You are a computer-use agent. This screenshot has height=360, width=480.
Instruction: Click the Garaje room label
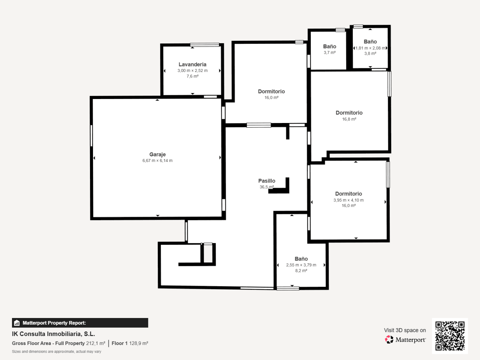coord(157,154)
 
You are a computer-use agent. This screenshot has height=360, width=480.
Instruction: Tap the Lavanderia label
coord(192,64)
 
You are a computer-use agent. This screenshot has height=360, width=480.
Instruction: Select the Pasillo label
coord(267,181)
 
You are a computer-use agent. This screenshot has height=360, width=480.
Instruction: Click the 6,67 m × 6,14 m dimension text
coord(157,160)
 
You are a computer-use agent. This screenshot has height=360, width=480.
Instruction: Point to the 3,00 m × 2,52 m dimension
coord(192,70)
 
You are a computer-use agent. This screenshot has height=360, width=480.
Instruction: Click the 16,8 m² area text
coord(349,119)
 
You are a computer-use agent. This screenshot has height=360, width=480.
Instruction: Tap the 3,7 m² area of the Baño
coord(330,52)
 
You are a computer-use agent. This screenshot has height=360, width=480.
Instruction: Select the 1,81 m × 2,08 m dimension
coord(370,48)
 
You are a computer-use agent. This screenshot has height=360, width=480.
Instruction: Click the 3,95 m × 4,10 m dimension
coord(348,200)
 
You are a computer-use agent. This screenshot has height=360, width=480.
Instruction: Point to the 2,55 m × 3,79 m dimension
coord(301,265)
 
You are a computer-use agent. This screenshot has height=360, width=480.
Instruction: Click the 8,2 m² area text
coord(301,271)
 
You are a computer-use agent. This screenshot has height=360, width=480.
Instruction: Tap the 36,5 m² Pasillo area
coord(267,187)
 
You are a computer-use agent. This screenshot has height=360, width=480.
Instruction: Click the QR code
coord(450,336)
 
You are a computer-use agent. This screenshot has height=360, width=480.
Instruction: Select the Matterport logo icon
coord(389,339)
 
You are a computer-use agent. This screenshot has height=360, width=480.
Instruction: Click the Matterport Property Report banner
coord(80,323)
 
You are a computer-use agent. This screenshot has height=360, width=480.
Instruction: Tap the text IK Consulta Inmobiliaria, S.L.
coord(54,334)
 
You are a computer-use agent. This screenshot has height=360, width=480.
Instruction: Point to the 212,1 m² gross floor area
coord(96,343)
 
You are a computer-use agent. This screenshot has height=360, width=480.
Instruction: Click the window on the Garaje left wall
coord(91,136)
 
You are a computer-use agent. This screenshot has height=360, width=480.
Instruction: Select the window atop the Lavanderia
coord(204,45)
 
